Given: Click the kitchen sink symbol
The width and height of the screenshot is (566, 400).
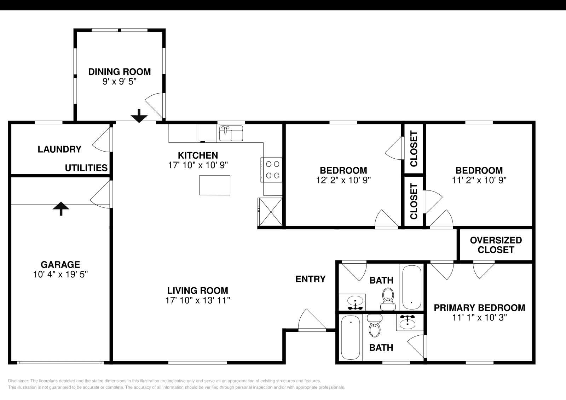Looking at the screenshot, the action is point(231,133).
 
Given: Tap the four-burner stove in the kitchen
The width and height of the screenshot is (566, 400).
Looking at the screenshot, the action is point(272,170).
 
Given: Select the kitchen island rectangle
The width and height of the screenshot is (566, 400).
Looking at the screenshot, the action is point(214,185).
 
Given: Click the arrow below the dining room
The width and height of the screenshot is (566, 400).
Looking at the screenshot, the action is point(139,116).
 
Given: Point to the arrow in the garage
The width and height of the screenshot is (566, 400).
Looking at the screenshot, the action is point(61,209).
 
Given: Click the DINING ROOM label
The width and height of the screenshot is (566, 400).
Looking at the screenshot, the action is point(120,72).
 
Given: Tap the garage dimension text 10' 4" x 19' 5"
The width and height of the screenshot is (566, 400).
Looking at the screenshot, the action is point(60,274).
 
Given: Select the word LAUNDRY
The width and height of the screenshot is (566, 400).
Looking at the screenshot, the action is point(60,149).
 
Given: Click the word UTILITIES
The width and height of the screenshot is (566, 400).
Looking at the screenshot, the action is point(86,168).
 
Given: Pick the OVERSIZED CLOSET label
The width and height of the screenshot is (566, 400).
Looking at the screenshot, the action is point(496,245).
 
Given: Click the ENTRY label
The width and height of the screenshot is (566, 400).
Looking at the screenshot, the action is point(311,279).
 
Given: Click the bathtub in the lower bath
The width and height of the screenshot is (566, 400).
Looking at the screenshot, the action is point(350,337).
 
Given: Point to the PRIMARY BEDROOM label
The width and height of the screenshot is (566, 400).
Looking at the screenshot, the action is point(479,308).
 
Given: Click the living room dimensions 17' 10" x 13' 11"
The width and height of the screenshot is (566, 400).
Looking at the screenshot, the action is point(198,300).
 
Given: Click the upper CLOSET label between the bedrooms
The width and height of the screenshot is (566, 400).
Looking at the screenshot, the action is point(414,149).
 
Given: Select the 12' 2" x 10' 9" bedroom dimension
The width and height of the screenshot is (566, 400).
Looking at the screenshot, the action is point(343,180).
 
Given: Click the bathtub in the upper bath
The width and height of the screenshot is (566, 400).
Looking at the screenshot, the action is point(412,287).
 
